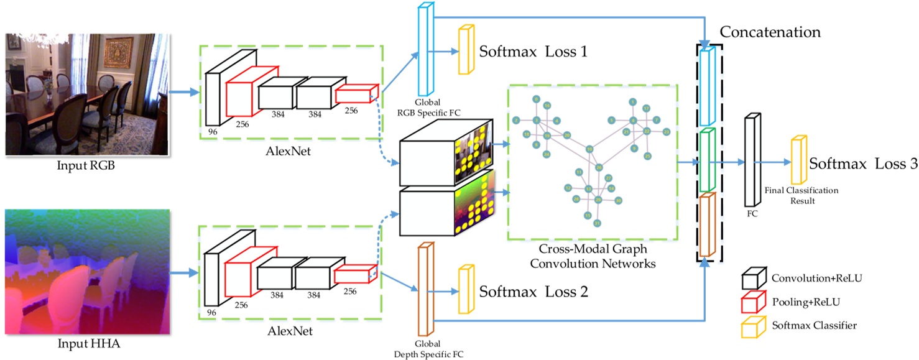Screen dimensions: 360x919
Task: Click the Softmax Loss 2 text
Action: click(x=533, y=291)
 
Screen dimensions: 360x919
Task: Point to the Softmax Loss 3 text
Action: click(x=863, y=165)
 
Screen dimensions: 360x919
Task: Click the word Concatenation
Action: click(x=770, y=32)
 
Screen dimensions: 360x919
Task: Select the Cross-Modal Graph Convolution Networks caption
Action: click(x=593, y=256)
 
